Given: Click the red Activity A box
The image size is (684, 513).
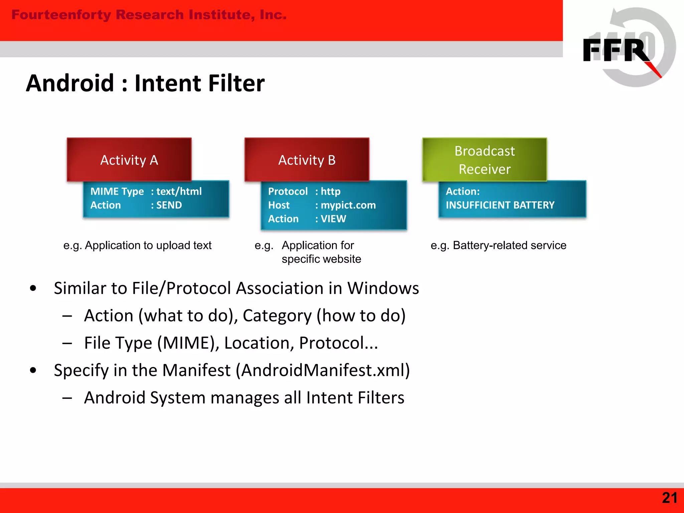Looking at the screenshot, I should click(129, 160).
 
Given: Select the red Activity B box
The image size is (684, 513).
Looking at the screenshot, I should click(307, 160).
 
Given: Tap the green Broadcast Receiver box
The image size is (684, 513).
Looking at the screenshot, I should click(484, 160).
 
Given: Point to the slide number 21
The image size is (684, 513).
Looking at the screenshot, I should click(669, 498).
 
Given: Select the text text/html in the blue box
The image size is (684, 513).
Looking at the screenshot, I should click(179, 191).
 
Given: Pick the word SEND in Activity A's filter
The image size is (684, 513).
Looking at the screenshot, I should click(169, 205).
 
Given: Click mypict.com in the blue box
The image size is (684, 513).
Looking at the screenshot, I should click(348, 205).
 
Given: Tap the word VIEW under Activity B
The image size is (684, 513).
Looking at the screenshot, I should click(333, 219).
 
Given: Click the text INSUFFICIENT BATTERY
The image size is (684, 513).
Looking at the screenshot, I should click(500, 205).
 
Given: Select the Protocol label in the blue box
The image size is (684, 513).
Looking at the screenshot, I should click(288, 191).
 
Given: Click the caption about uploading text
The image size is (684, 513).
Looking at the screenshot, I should click(137, 245).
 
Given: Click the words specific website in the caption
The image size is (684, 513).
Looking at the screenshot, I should click(321, 259).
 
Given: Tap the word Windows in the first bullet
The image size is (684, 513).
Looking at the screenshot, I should click(383, 288).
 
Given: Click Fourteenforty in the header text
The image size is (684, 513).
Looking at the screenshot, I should click(61, 15).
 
